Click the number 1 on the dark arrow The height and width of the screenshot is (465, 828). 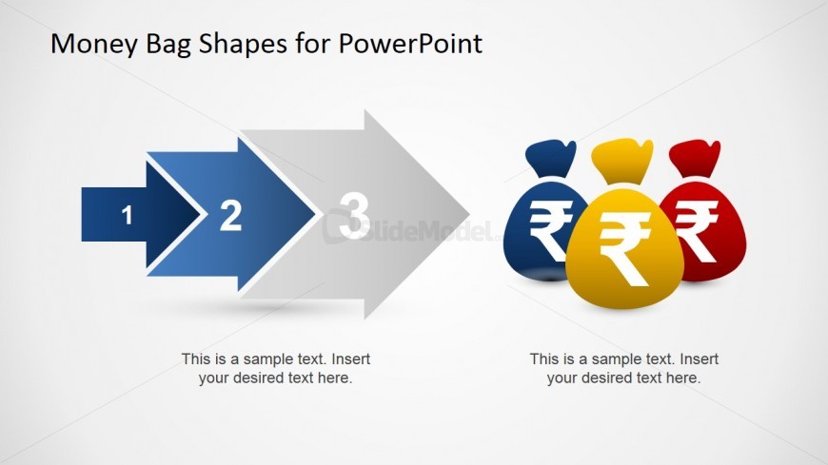coord(127,215)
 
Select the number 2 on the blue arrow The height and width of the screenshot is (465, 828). coord(230,215)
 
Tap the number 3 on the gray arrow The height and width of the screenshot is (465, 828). coord(354,215)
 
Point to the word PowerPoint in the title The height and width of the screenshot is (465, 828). coord(410,44)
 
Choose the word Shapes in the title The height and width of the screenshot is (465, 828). coord(244,45)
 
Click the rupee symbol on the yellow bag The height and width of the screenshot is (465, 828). coord(625,248)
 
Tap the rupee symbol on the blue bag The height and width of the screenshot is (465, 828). coord(549,229)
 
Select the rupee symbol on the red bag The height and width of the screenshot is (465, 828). coord(697,231)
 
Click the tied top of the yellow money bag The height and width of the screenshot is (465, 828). coord(622,161)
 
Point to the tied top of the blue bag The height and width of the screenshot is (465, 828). coord(551,160)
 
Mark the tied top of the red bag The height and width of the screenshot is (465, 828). coord(694,160)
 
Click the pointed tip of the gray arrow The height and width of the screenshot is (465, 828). coord(469,214)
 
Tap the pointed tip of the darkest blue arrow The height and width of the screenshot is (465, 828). coord(201,214)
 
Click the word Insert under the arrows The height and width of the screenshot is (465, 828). coord(350,358)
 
